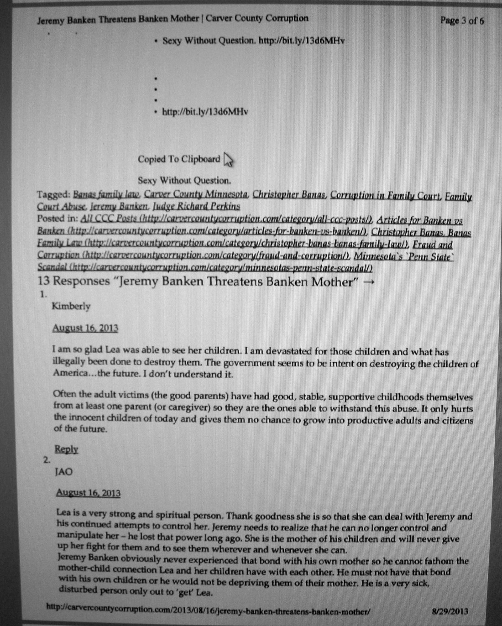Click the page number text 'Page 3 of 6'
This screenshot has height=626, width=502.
coord(461,21)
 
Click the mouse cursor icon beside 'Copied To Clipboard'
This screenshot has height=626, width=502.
coord(228,160)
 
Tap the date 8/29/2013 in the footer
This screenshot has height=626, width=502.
coord(450,611)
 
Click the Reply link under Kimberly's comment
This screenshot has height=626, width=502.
coord(66,449)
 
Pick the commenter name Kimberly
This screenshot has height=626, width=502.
coord(71,306)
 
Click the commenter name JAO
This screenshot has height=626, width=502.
coord(64,472)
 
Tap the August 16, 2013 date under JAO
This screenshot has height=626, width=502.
coord(88,493)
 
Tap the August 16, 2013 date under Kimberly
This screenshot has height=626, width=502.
coord(85,328)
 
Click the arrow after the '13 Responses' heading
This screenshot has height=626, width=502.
coord(369,282)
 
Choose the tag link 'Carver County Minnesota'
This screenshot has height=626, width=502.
coord(196,195)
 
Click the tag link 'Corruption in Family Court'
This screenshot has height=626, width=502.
coord(386,196)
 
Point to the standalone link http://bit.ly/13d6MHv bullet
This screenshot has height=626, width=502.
coord(205,112)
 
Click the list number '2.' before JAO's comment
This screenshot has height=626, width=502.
coord(47,460)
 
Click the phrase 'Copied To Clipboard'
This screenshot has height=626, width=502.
coord(179,159)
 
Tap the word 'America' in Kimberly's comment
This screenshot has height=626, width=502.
coord(69,373)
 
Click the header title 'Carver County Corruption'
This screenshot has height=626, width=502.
coord(256,19)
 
